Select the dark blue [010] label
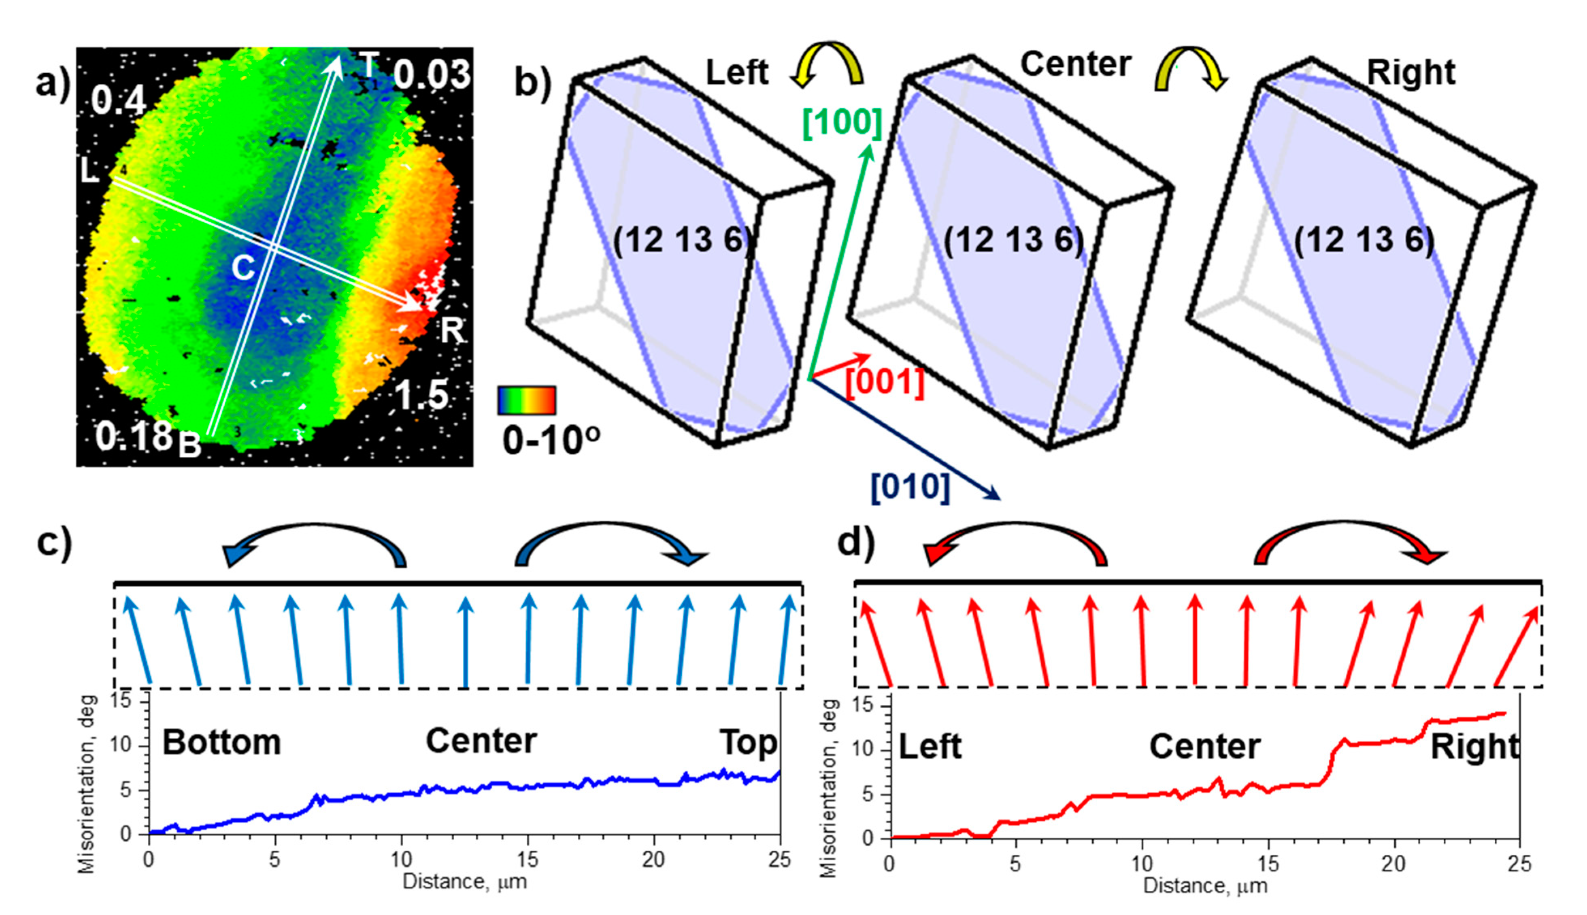point(910,486)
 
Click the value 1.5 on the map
point(421,395)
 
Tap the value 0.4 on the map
point(118,100)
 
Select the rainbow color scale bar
point(526,400)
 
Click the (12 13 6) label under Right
point(1364,240)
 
